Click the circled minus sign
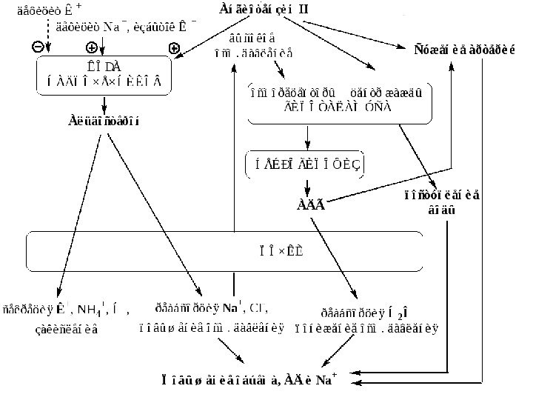[37, 47]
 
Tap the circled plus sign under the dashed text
[92, 47]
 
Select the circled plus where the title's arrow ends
[175, 47]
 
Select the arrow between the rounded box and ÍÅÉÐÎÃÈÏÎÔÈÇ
[307, 137]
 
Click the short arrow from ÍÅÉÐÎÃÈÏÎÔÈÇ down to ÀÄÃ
[307, 184]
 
